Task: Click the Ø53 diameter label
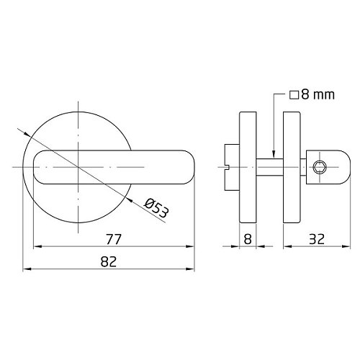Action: pos(156,208)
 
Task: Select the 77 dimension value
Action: pos(114,239)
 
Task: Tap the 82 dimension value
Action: pos(109,261)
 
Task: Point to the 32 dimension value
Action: pos(317,239)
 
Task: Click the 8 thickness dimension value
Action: pos(248,239)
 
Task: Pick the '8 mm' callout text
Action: pos(318,94)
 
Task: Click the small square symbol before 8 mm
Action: pos(294,95)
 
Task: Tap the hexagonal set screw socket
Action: pos(319,167)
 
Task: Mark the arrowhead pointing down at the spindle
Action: pos(274,155)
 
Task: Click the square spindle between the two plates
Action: pos(270,167)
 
